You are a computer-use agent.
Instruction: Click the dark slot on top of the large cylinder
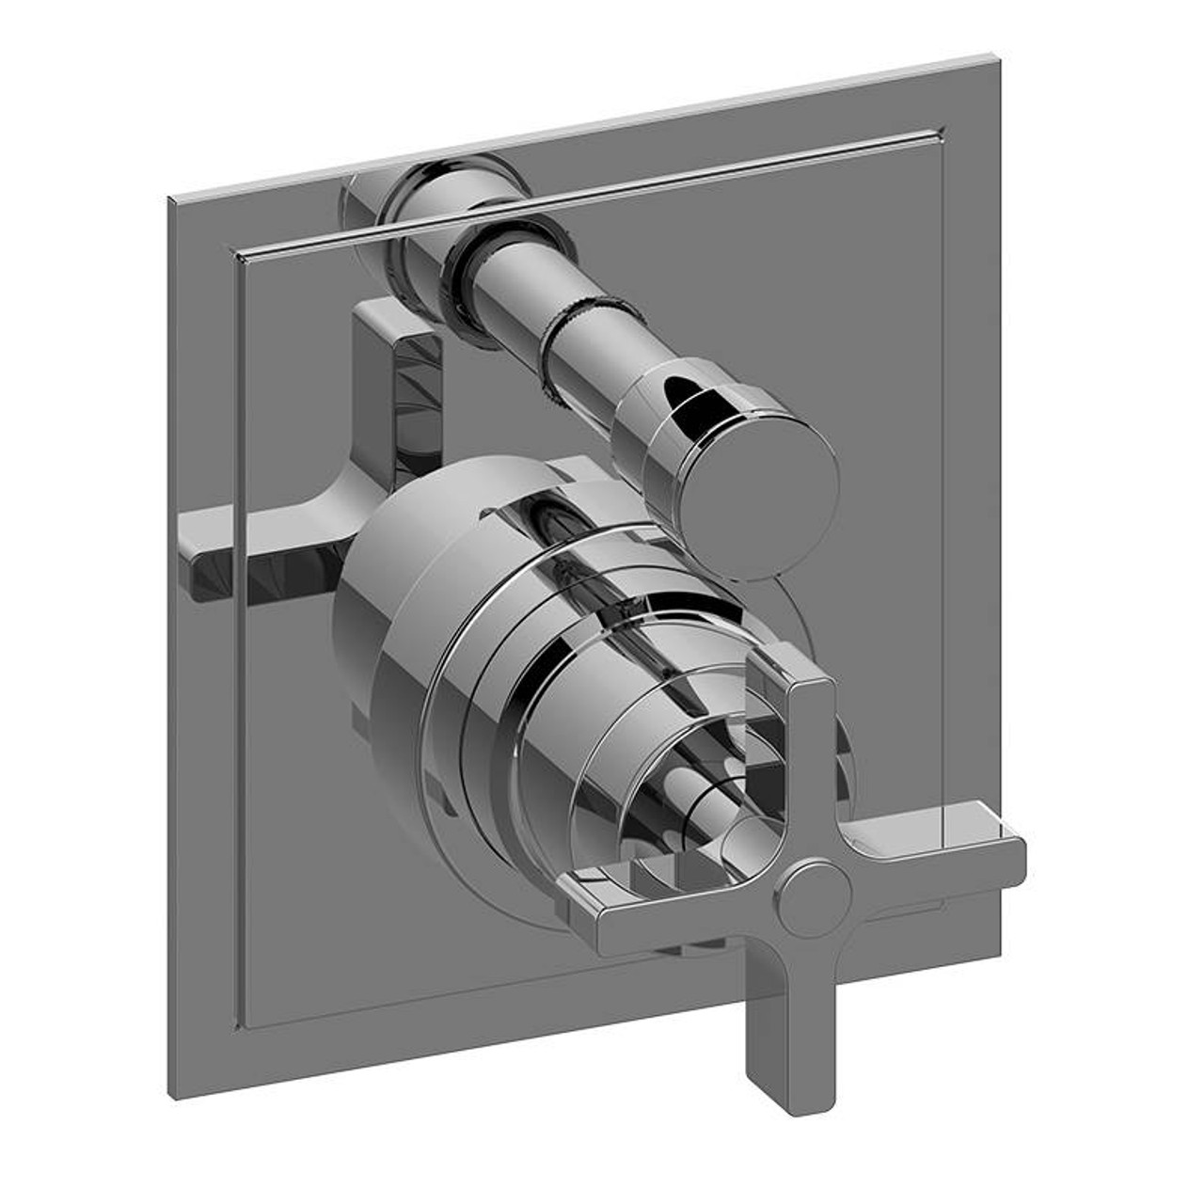[546, 513]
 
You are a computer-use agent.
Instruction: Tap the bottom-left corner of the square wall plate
[171, 1097]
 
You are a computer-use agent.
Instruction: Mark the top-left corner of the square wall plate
[169, 199]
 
